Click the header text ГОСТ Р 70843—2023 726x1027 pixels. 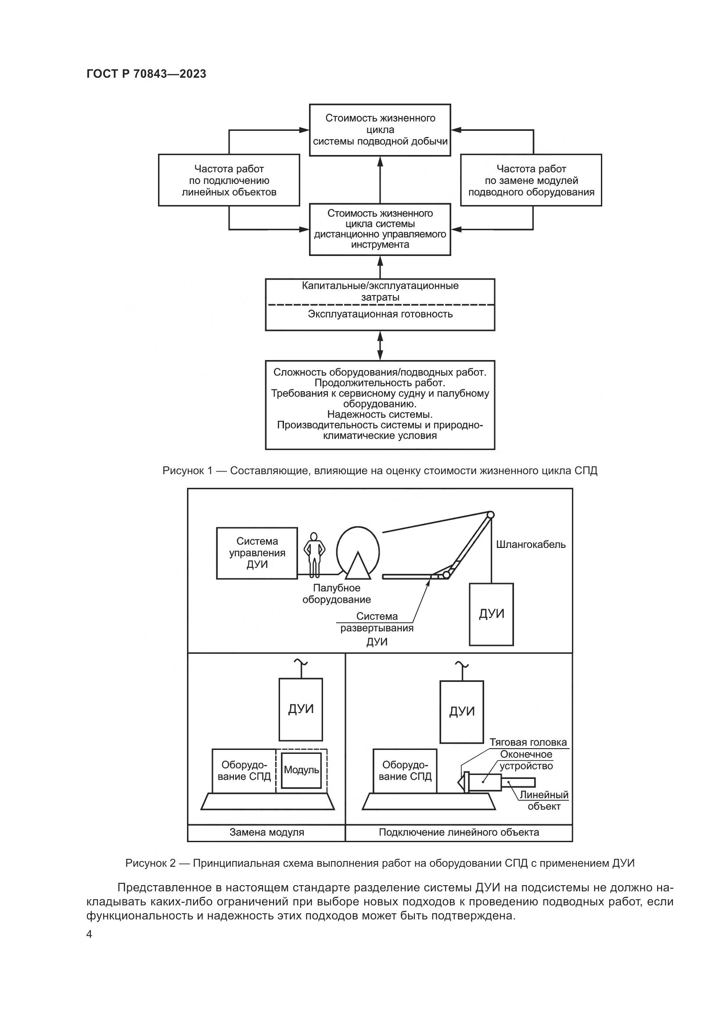click(146, 74)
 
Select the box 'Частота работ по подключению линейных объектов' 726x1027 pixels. click(229, 180)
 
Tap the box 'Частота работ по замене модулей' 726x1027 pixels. click(531, 180)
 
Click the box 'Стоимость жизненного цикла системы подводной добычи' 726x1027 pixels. click(380, 130)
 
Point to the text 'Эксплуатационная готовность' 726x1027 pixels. click(380, 314)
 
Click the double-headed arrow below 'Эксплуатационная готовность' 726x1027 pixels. click(381, 345)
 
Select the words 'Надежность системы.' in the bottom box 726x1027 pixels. click(380, 414)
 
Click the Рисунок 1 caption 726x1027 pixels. click(380, 471)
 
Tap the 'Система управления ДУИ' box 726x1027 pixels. click(257, 553)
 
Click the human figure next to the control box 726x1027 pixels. click(314, 555)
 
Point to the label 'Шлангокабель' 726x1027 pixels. click(531, 544)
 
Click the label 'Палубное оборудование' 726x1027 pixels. click(337, 594)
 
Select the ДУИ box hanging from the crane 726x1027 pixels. click(491, 614)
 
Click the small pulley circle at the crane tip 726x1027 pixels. click(490, 515)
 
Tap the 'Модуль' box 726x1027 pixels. click(301, 770)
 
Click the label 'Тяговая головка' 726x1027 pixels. click(528, 742)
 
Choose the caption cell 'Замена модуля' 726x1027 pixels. click(267, 832)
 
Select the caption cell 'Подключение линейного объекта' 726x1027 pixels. click(459, 832)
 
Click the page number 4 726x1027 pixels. click(90, 934)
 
